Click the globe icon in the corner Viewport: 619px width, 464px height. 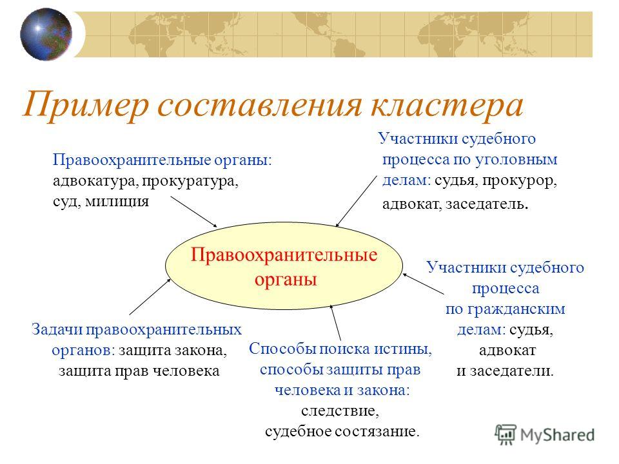coord(46,34)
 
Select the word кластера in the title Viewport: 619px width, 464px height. coord(447,105)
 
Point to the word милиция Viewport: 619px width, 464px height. coord(117,202)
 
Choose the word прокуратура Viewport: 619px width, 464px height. coord(190,182)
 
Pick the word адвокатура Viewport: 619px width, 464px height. coord(95,180)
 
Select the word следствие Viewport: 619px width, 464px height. coord(340,411)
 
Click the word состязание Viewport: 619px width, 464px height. coord(377,431)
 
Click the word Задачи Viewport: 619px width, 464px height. coord(57,329)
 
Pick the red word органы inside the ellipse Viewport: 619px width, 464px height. coord(286,279)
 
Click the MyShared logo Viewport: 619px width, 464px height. coord(544,434)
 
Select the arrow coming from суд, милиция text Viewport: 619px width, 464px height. coord(194,211)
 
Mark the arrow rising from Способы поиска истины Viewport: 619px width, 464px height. coord(335,323)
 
